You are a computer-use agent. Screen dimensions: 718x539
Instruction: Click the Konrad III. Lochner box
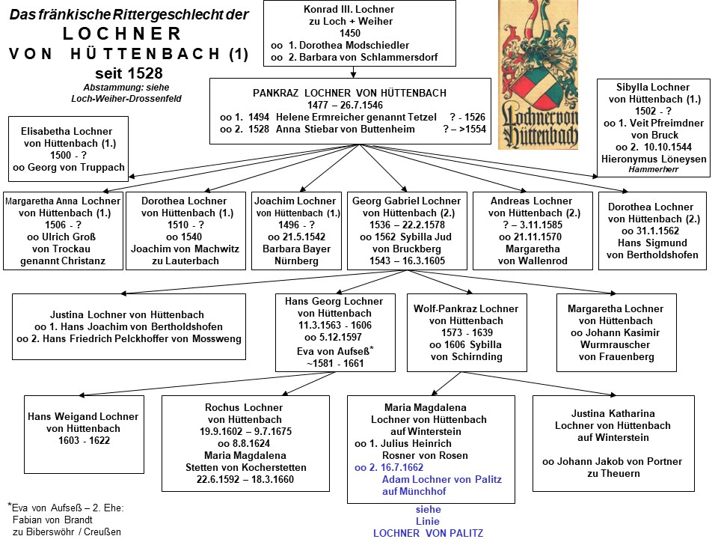coord(360,33)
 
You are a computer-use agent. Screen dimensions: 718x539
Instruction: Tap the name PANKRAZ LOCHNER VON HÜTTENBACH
coord(349,93)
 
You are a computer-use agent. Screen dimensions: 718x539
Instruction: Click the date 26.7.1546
coord(362,105)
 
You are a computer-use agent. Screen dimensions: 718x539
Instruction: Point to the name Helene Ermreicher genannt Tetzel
coord(356,117)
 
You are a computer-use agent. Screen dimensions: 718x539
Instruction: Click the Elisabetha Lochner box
coord(68,149)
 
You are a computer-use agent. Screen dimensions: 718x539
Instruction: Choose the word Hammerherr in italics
coord(654,170)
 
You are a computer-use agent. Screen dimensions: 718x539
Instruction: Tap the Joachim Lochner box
coord(297,231)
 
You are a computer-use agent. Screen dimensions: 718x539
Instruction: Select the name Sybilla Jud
coord(426,237)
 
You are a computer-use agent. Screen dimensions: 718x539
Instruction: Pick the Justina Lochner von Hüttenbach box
coord(129,327)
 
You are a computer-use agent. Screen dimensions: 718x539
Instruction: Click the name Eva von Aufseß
coord(333,352)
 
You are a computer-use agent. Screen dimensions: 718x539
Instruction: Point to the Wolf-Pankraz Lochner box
coord(467,332)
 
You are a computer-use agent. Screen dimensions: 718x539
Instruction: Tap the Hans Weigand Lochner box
coord(85,434)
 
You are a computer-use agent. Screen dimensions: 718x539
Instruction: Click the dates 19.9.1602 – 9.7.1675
coord(245,432)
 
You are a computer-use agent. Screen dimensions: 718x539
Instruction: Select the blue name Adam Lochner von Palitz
coord(442,479)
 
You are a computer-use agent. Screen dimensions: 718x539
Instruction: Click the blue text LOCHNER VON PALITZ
coord(428,534)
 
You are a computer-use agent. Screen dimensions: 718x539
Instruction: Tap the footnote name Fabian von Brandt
coord(52,520)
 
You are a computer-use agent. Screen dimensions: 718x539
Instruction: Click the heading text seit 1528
coord(129,73)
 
